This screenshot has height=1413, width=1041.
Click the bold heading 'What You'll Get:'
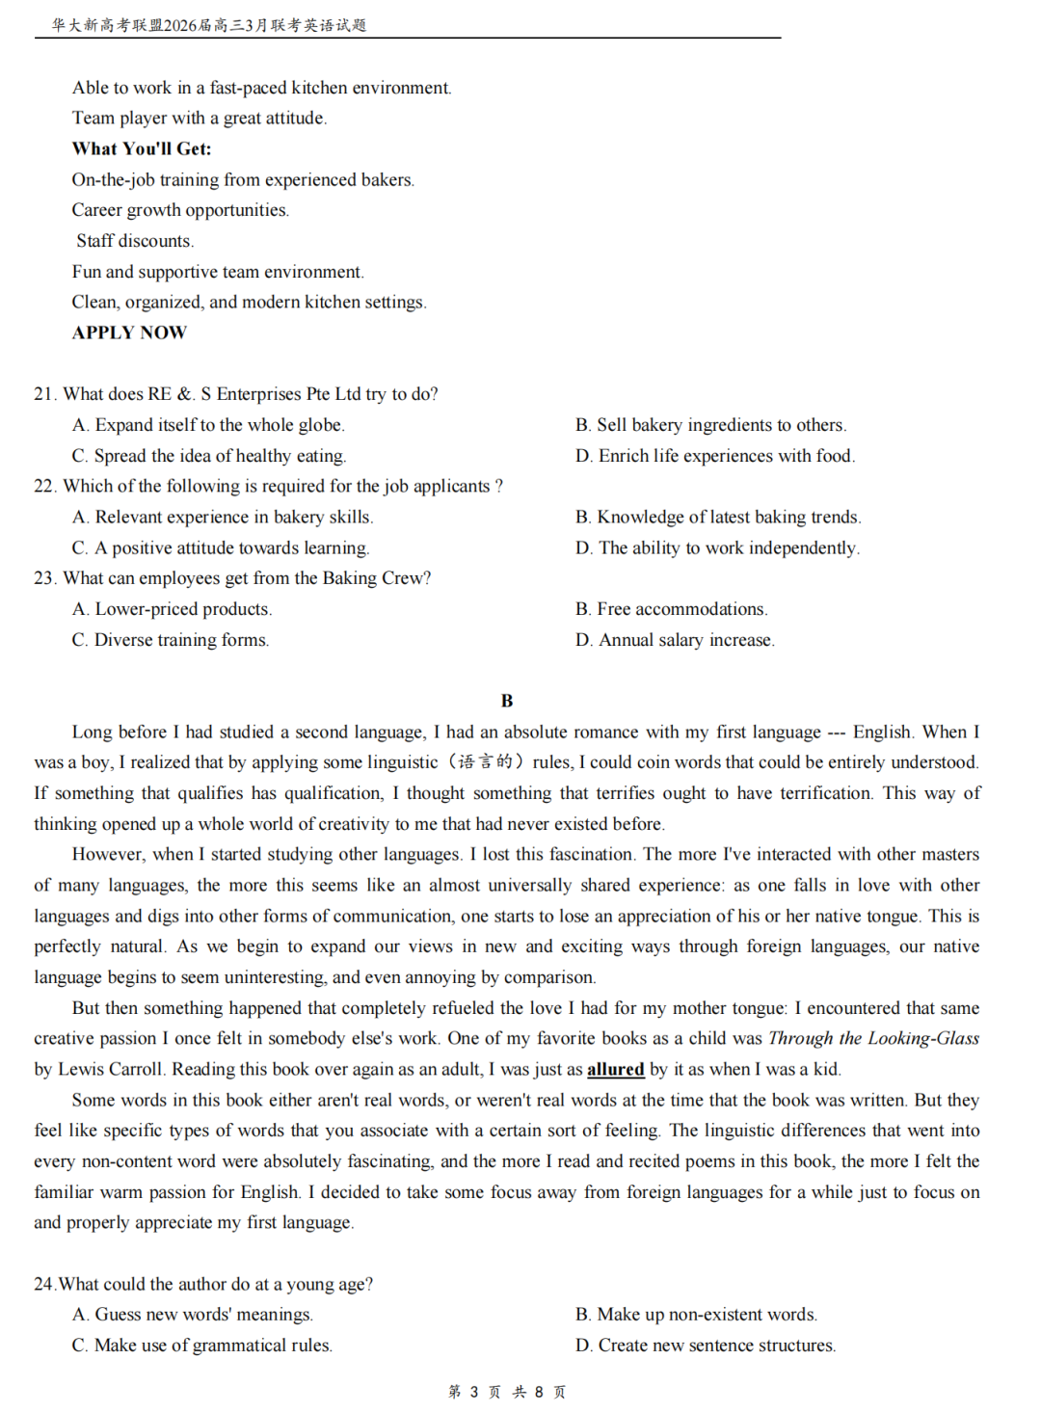pyautogui.click(x=142, y=148)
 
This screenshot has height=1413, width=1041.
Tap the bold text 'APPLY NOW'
pyautogui.click(x=129, y=333)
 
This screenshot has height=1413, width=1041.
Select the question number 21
pyautogui.click(x=44, y=394)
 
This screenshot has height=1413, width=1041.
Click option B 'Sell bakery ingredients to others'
pyautogui.click(x=710, y=425)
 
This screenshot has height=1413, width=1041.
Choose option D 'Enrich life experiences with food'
pyautogui.click(x=714, y=456)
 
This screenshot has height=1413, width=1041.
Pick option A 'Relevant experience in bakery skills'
pyautogui.click(x=222, y=517)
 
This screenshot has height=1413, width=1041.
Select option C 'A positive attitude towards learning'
pyautogui.click(x=220, y=547)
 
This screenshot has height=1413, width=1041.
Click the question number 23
pyautogui.click(x=44, y=578)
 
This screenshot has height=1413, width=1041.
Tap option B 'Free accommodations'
pyautogui.click(x=671, y=609)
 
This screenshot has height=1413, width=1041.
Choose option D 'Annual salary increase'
pyautogui.click(x=675, y=640)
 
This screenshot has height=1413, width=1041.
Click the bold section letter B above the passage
pyautogui.click(x=507, y=701)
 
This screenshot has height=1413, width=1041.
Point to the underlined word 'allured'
pyautogui.click(x=615, y=1069)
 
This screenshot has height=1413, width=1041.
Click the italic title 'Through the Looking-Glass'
pyautogui.click(x=873, y=1038)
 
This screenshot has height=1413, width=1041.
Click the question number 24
pyautogui.click(x=44, y=1284)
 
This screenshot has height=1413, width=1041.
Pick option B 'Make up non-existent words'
pyautogui.click(x=696, y=1315)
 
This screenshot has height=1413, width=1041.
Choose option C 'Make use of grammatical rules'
pyautogui.click(x=201, y=1346)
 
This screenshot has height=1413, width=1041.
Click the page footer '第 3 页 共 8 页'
pyautogui.click(x=507, y=1392)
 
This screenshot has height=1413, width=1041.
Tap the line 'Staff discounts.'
pyautogui.click(x=135, y=241)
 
